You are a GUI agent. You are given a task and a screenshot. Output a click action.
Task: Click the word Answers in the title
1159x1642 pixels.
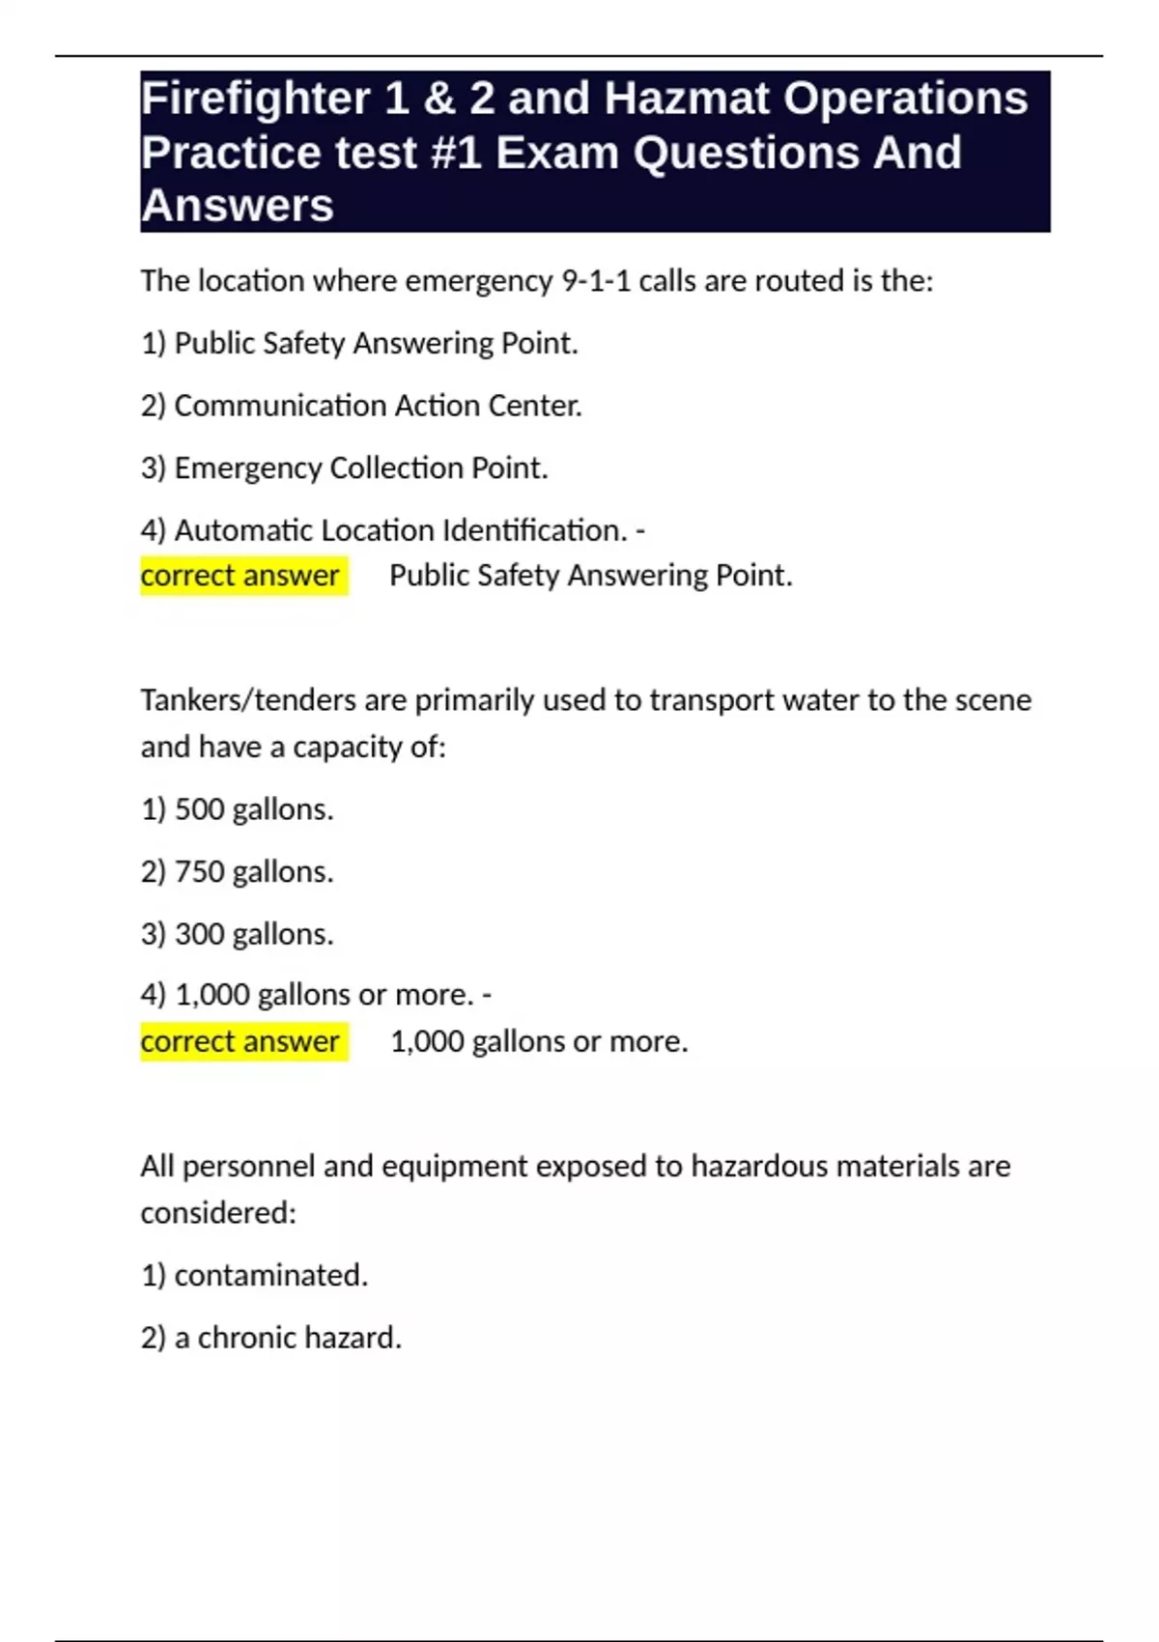point(238,206)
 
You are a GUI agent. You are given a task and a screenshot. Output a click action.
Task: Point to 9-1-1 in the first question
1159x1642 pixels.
point(596,281)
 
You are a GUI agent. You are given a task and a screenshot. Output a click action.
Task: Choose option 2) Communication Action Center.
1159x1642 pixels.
point(361,406)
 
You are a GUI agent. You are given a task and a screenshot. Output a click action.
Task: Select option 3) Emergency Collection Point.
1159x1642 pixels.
point(344,468)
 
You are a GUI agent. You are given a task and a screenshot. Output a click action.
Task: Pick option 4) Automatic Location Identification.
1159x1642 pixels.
point(384,530)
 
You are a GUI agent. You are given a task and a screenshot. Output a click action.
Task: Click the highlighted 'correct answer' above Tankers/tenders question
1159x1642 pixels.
point(240,576)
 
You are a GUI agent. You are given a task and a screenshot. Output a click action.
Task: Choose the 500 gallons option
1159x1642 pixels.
point(238,809)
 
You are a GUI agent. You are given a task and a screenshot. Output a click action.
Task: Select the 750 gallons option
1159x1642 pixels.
point(238,872)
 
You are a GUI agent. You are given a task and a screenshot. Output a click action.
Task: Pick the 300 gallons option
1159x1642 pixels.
point(238,934)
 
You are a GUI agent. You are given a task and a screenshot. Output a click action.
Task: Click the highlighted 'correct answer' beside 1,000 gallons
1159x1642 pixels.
point(240,1042)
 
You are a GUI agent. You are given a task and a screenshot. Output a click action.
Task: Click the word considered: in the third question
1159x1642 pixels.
point(218,1213)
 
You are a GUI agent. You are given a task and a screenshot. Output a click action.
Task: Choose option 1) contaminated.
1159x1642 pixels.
point(254,1276)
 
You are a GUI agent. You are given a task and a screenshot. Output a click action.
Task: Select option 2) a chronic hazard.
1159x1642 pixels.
point(270,1338)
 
